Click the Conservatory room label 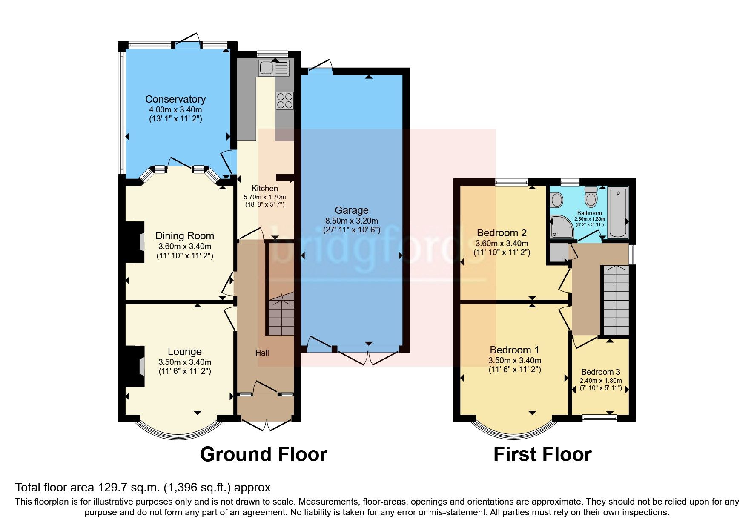[x=175, y=99]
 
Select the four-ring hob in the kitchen [x=284, y=100]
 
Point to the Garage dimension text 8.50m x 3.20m [x=351, y=221]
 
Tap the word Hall [x=262, y=353]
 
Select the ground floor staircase [x=281, y=315]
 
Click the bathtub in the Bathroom [x=618, y=212]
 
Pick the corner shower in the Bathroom [x=562, y=227]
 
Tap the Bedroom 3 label [x=600, y=372]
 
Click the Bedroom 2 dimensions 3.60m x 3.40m [x=502, y=244]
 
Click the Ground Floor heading [x=263, y=454]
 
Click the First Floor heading [x=542, y=454]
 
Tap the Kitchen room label [x=264, y=188]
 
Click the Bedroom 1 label [x=514, y=350]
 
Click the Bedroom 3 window [x=599, y=419]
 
